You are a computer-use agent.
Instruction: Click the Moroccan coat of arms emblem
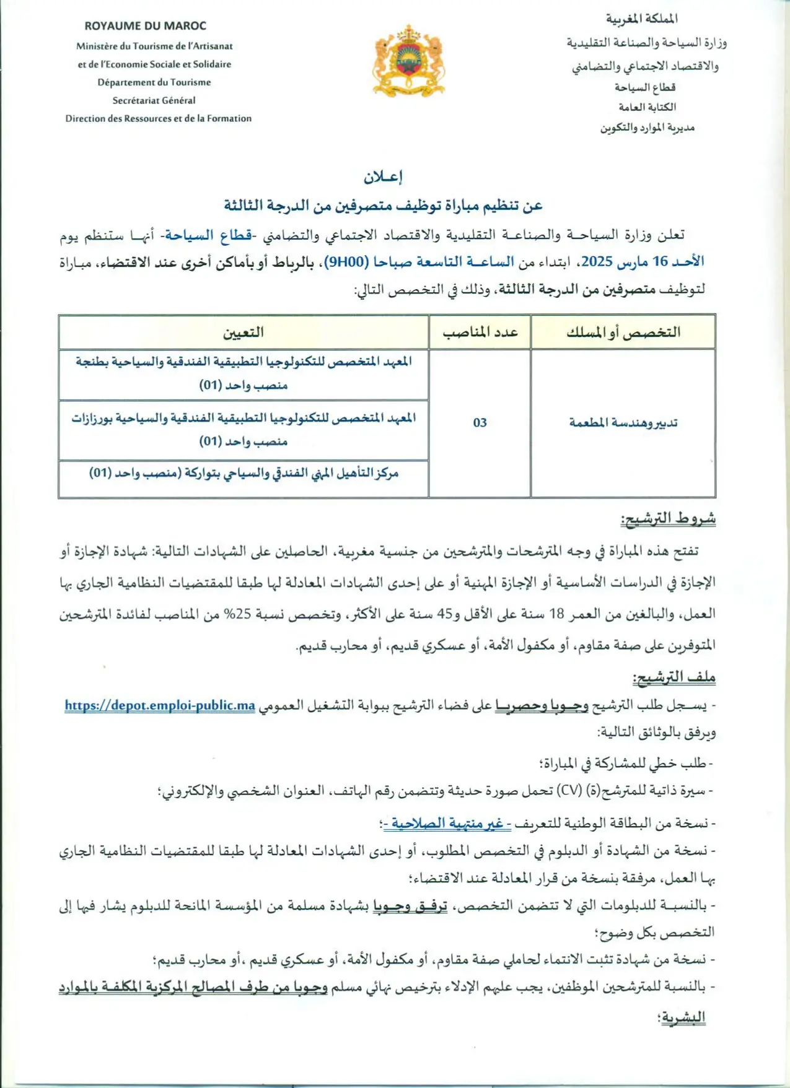point(408,61)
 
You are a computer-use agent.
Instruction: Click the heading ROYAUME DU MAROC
point(146,26)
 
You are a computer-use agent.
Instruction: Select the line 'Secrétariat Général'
point(154,100)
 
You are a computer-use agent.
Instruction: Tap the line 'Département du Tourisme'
point(154,82)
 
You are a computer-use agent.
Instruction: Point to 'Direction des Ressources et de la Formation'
point(159,118)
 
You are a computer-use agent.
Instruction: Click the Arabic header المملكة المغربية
point(641,19)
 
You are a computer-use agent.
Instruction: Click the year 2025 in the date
point(597,262)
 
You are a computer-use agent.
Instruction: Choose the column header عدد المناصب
point(480,333)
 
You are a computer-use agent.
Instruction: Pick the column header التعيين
point(244,333)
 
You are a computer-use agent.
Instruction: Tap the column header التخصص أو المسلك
point(623,333)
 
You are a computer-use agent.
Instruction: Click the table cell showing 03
point(480,423)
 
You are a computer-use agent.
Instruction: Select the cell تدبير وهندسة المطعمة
point(623,423)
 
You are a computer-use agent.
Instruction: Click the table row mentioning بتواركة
point(244,474)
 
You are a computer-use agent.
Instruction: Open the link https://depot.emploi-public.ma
point(160,705)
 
